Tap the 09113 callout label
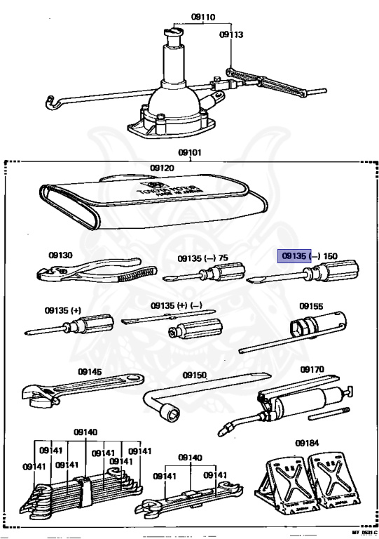coord(230,33)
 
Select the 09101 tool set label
coord(189,151)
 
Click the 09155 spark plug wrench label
coord(311,307)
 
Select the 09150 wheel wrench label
coord(195,375)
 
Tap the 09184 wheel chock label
coord(306,444)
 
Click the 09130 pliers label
coord(60,256)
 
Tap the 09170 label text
coord(312,369)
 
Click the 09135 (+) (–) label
coord(177,307)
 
